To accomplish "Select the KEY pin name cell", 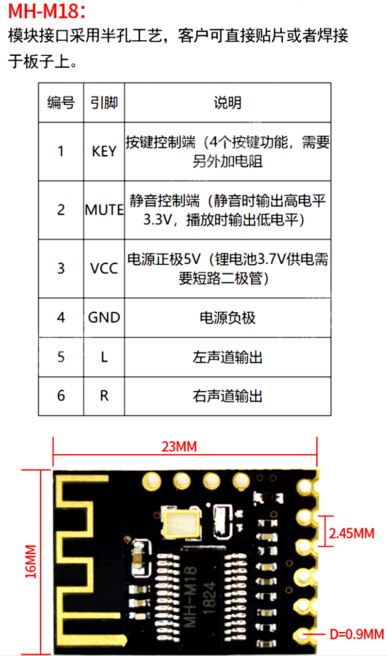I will pyautogui.click(x=104, y=152).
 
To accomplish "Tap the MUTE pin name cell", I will pyautogui.click(x=104, y=210).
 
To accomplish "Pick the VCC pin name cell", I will pyautogui.click(x=104, y=268).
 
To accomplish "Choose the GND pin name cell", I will pyautogui.click(x=104, y=317).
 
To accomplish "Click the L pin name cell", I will pyautogui.click(x=104, y=357).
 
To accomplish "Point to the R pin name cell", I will pyautogui.click(x=104, y=396).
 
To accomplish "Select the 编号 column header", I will pyautogui.click(x=61, y=103).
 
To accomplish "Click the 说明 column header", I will pyautogui.click(x=228, y=103).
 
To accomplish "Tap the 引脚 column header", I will pyautogui.click(x=104, y=103).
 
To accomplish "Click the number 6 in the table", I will pyautogui.click(x=61, y=396).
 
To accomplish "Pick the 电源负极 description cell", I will pyautogui.click(x=228, y=317).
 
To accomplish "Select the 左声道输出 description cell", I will pyautogui.click(x=228, y=357).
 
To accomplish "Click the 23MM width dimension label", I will pyautogui.click(x=179, y=446).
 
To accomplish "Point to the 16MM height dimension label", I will pyautogui.click(x=32, y=561).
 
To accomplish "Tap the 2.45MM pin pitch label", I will pyautogui.click(x=351, y=534).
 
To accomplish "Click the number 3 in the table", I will pyautogui.click(x=61, y=268).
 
